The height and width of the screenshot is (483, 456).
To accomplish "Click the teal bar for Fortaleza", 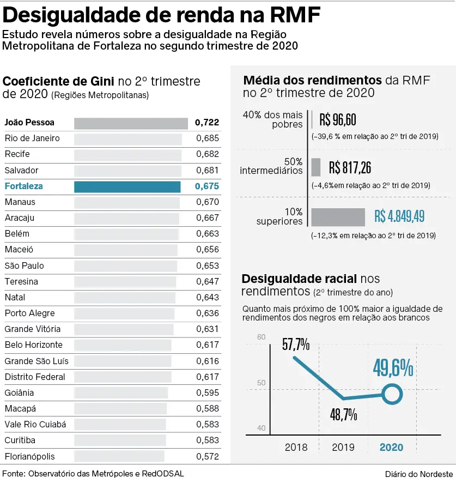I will click(x=127, y=186).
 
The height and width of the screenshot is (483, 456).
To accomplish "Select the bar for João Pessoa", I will click(x=131, y=123).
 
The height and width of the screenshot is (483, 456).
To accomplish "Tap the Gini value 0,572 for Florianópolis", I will click(x=208, y=457).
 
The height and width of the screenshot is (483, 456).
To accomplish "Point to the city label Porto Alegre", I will click(x=30, y=313).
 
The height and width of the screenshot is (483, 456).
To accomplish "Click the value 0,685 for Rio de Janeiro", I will click(x=208, y=138).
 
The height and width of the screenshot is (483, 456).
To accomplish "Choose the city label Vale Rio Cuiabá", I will click(x=35, y=425).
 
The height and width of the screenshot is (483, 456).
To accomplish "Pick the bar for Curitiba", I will click(x=119, y=440).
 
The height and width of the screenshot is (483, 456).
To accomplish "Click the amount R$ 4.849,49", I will click(x=399, y=216).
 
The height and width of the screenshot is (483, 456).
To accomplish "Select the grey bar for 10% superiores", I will click(x=338, y=217).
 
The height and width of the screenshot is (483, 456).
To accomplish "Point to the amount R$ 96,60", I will click(x=338, y=119).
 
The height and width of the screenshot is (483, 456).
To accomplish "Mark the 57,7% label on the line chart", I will click(x=296, y=345).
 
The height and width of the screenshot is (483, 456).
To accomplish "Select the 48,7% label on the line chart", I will click(x=344, y=414).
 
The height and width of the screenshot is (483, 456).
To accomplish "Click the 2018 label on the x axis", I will click(x=296, y=448).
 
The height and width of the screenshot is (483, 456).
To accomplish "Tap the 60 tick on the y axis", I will click(x=262, y=337).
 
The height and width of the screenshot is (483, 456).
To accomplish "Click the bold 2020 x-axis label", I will click(x=391, y=448).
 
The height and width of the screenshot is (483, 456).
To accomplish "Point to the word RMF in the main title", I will click(x=290, y=15).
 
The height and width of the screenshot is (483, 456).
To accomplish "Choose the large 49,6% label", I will click(x=393, y=368).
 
